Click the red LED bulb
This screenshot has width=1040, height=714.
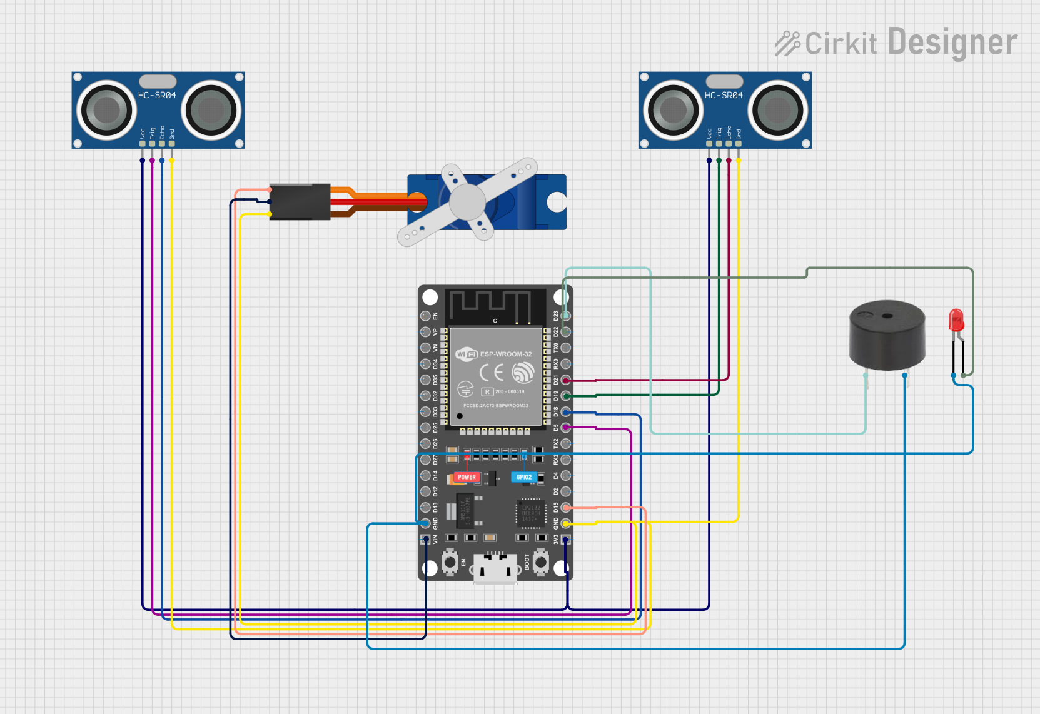click(x=956, y=319)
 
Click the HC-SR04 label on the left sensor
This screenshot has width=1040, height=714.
click(x=157, y=95)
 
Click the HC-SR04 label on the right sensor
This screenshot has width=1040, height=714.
click(x=724, y=95)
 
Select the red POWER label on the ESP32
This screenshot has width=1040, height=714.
click(x=467, y=477)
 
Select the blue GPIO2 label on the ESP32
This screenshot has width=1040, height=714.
click(x=523, y=477)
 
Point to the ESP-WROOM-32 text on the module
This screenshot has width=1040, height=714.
click(x=505, y=354)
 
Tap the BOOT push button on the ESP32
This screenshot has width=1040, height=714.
click(x=541, y=563)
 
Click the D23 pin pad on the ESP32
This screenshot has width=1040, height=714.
click(x=565, y=316)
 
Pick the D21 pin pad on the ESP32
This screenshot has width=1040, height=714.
click(x=565, y=380)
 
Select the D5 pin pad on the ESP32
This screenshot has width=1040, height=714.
click(x=565, y=428)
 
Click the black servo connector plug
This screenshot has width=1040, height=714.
click(x=300, y=202)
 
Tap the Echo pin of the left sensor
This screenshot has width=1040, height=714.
click(x=162, y=144)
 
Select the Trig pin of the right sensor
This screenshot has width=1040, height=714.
click(x=719, y=144)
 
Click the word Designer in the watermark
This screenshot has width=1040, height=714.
click(x=952, y=43)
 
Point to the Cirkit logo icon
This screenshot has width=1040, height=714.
click(x=787, y=43)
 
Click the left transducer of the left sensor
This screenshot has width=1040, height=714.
click(x=106, y=110)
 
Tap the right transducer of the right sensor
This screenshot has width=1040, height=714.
click(x=778, y=110)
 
